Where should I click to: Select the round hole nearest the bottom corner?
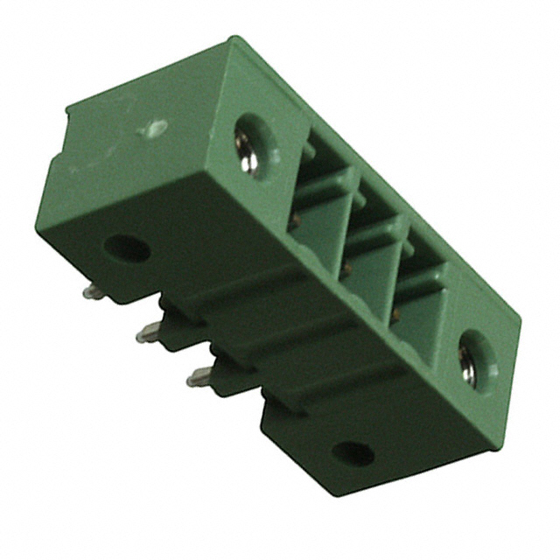click(353, 453)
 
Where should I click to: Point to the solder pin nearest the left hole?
click(94, 291)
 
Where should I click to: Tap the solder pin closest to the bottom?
click(200, 377)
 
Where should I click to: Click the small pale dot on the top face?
click(155, 129)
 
